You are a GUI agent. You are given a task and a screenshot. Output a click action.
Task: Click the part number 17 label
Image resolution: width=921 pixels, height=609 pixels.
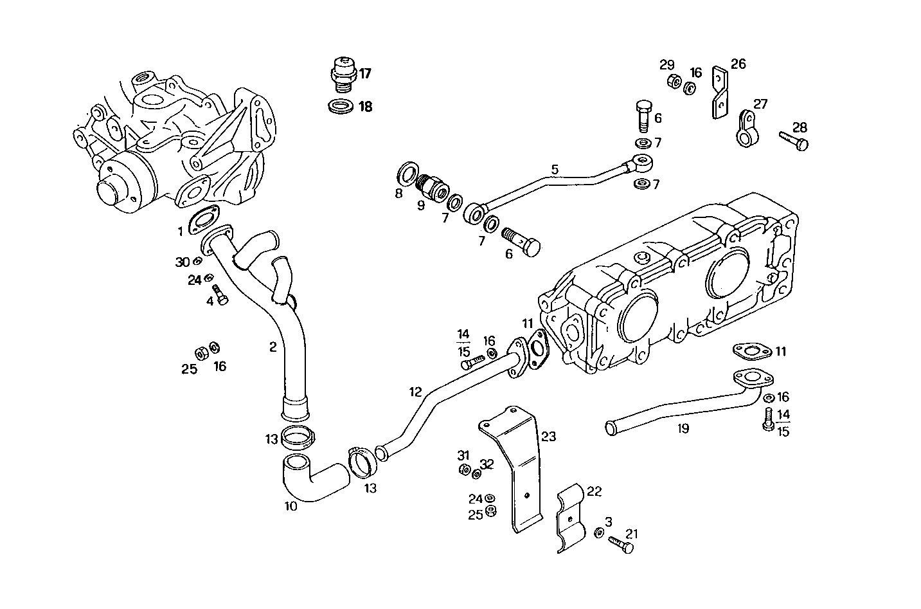pos(365,73)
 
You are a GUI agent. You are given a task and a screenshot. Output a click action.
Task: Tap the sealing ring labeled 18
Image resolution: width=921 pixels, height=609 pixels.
pos(341,106)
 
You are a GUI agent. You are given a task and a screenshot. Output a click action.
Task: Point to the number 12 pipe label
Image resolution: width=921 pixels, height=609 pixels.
pos(415,391)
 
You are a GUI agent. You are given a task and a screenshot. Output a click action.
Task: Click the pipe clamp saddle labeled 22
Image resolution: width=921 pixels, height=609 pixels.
pos(570,518)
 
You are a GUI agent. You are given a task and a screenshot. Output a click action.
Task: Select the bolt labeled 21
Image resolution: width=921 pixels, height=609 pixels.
pos(620,544)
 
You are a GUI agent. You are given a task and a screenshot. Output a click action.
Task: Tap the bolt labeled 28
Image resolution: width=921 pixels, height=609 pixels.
pos(793,140)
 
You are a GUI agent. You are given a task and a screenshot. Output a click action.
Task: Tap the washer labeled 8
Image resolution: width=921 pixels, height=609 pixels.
pos(406,174)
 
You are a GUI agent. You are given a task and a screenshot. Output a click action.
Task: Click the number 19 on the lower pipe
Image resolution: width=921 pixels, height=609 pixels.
pos(683,427)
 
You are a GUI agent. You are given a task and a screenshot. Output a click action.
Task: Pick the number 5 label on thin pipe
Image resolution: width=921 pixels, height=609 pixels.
pos(555,169)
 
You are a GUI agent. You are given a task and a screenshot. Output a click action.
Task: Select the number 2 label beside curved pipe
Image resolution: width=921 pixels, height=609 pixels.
pos(273,347)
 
